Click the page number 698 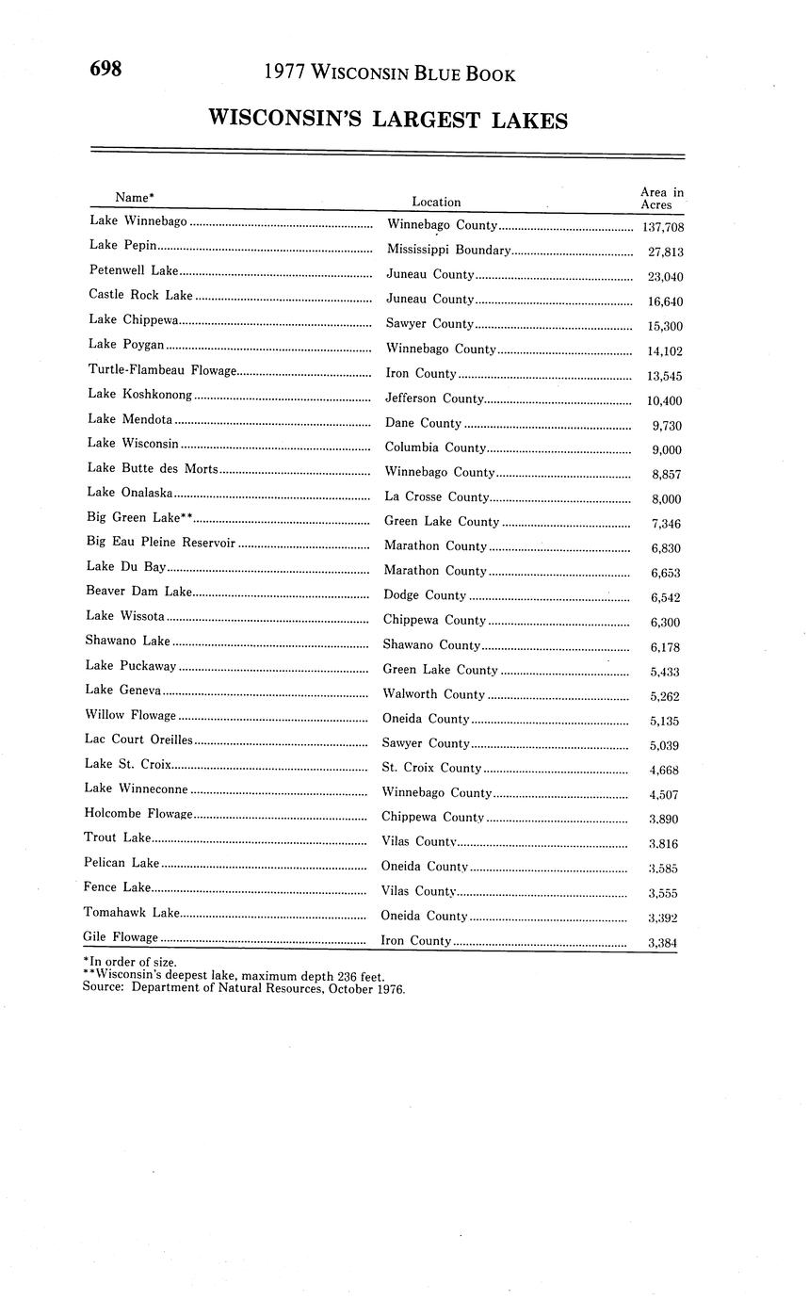coord(105,69)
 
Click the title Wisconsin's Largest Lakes coord(387,120)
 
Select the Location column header coord(436,202)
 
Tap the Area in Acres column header coord(661,199)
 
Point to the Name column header coord(134,197)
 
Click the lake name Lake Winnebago coord(138,221)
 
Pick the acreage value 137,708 coord(662,227)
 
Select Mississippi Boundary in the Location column coord(448,251)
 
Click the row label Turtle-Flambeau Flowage coord(162,370)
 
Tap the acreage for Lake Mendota coord(667,426)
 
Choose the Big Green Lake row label coord(139,517)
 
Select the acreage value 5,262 coord(664,696)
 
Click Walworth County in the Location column coord(433,694)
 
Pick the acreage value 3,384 coord(662,942)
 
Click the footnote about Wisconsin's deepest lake coord(233,976)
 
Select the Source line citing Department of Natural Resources coord(243,988)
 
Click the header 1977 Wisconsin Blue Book coord(389,73)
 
